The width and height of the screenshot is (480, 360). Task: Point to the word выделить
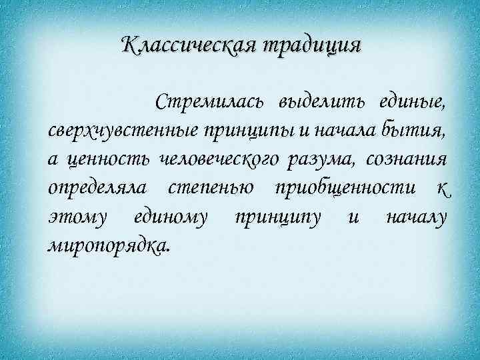click(320, 102)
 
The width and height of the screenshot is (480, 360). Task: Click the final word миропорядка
click(109, 245)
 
